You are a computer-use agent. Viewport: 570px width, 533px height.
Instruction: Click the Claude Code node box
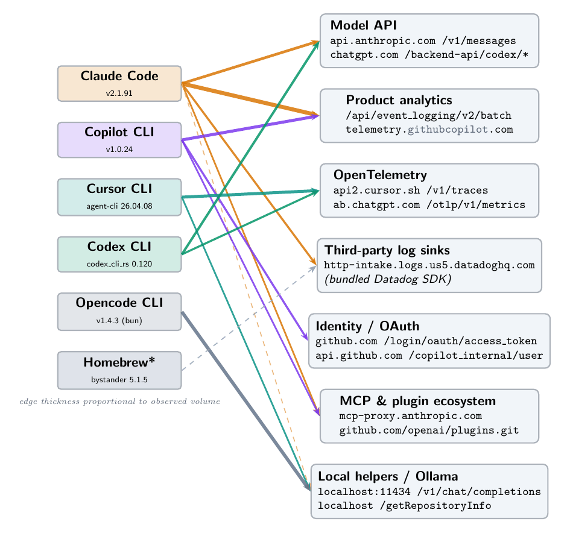[119, 83]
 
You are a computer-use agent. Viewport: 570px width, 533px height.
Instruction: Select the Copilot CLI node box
[119, 139]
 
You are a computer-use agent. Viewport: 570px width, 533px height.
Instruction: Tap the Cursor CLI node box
[119, 196]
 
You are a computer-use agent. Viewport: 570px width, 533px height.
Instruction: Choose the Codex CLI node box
[119, 254]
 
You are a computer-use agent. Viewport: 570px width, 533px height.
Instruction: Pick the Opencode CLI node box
[119, 311]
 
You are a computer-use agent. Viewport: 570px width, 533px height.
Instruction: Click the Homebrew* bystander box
[119, 370]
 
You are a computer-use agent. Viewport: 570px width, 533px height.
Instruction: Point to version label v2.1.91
[119, 93]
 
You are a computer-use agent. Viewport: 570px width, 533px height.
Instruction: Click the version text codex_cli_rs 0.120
[119, 264]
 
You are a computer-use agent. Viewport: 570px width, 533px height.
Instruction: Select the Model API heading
[363, 25]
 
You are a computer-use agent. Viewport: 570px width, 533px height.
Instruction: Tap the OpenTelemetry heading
[380, 175]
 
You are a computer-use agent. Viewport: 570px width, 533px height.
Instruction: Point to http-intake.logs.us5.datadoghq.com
[429, 265]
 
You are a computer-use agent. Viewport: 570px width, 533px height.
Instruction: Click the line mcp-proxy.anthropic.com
[410, 416]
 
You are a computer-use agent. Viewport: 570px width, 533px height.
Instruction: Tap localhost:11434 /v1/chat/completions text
[429, 491]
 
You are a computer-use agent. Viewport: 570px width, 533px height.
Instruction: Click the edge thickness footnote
[119, 401]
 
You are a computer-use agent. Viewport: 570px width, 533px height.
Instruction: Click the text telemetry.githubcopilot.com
[429, 129]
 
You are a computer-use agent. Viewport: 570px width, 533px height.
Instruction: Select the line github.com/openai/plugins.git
[429, 430]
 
